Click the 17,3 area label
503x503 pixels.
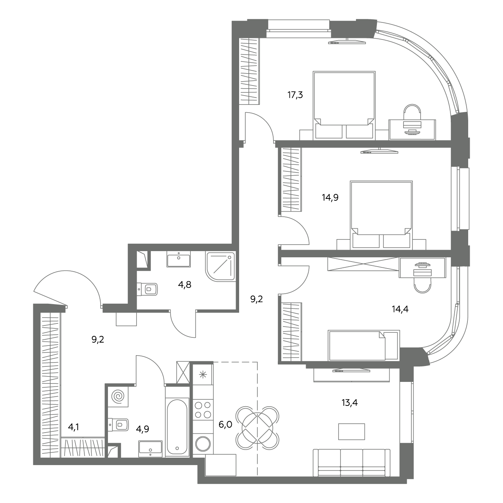click(295, 95)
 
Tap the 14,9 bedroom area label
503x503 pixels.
click(330, 198)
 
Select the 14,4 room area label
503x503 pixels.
click(400, 309)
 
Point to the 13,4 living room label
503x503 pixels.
click(349, 403)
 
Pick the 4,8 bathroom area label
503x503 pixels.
click(185, 284)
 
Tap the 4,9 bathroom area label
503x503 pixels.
click(142, 429)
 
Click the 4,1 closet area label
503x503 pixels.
click(74, 427)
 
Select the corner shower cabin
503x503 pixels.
click(220, 266)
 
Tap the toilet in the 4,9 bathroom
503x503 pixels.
click(118, 425)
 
